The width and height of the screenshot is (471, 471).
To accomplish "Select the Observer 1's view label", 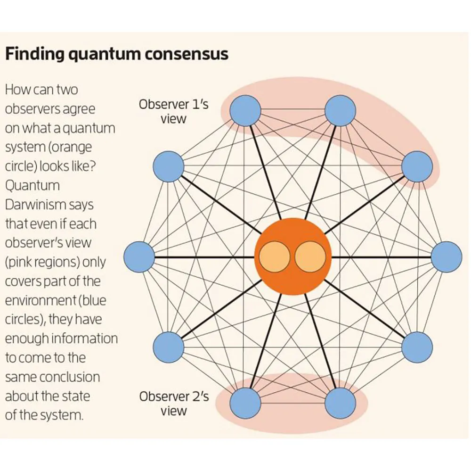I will click(173, 111).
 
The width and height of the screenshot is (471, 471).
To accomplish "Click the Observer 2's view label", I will click(173, 404).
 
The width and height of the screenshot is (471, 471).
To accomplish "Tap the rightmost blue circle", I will click(447, 257).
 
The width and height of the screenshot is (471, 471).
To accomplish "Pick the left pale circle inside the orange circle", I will click(274, 257).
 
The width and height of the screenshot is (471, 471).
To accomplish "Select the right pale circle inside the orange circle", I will click(310, 257).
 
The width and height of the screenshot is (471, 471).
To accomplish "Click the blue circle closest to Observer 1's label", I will click(245, 111).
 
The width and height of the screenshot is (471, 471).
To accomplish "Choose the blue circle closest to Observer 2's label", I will click(245, 404).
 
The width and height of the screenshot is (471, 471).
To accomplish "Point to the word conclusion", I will click(69, 377).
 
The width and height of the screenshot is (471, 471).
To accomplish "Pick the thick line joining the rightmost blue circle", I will click(382, 257).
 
